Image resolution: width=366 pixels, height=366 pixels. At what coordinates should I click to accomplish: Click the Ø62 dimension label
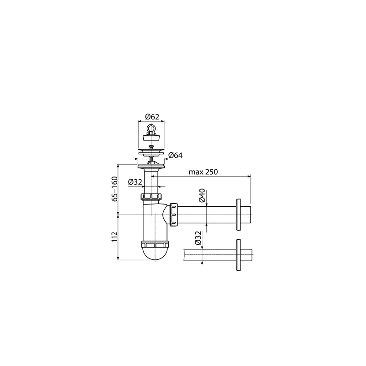click(152, 117)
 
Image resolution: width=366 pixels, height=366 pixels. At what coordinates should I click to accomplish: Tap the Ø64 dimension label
click(175, 155)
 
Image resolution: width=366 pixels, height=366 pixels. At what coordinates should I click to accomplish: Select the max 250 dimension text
click(203, 172)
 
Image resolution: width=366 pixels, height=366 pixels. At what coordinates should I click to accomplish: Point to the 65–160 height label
click(114, 189)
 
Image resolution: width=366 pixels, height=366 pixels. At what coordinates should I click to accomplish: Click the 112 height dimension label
click(114, 237)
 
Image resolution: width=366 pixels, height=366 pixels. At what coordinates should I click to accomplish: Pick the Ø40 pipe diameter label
click(202, 195)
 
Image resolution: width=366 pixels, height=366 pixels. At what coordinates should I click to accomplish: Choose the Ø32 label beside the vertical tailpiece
click(135, 182)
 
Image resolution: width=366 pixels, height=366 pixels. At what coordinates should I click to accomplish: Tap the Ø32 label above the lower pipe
click(198, 238)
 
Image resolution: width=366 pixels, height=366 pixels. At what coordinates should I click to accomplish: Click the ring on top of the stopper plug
click(151, 129)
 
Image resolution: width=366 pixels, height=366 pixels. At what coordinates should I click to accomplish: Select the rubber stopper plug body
click(151, 136)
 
